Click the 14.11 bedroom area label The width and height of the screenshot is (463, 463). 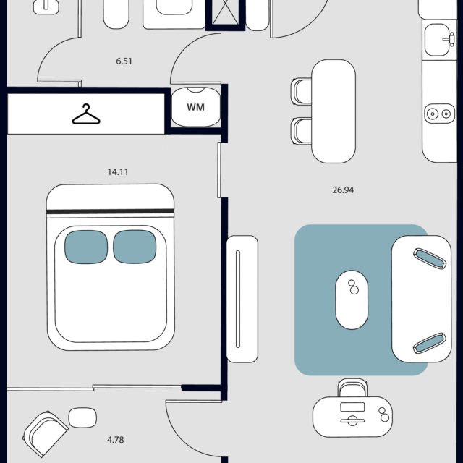pos(118,172)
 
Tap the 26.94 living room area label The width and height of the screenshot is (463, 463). pos(343,190)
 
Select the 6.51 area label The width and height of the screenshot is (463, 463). pos(124,61)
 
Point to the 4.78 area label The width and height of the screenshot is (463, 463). pos(116,440)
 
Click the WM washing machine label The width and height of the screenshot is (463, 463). pos(195,107)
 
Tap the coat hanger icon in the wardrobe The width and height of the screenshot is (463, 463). pos(86,114)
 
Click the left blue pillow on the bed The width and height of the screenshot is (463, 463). pos(86,247)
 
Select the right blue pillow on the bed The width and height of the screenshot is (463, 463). pos(135,247)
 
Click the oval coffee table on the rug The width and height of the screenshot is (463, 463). pos(352,300)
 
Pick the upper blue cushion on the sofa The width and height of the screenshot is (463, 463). pos(430,259)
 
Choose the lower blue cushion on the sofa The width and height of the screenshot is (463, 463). pos(430,343)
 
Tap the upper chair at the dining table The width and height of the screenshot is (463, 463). pos(301,91)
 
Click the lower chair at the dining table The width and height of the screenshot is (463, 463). pos(301,131)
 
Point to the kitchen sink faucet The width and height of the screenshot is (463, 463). pos(450,39)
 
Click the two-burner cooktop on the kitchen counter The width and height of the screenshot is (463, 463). pos(440,114)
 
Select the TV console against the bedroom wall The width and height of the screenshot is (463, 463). pos(242,299)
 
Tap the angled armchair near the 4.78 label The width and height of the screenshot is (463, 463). pos(46,433)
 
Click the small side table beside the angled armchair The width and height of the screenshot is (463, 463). pos(82,417)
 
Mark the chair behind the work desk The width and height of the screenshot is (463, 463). pos(352,388)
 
